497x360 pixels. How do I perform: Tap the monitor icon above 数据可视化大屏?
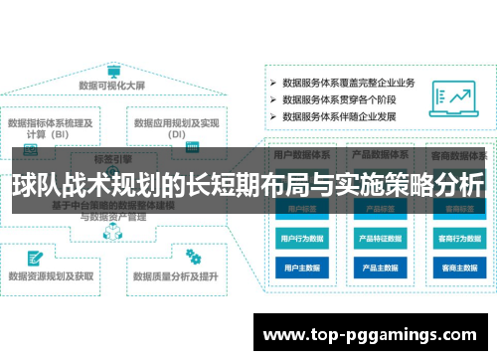coord(113,71)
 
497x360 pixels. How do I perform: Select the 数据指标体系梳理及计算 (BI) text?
coord(51,128)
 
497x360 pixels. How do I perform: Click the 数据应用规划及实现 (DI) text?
coord(178,128)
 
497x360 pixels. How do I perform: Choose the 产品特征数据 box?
coord(377,239)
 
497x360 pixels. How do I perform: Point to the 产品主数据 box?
coord(377,268)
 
